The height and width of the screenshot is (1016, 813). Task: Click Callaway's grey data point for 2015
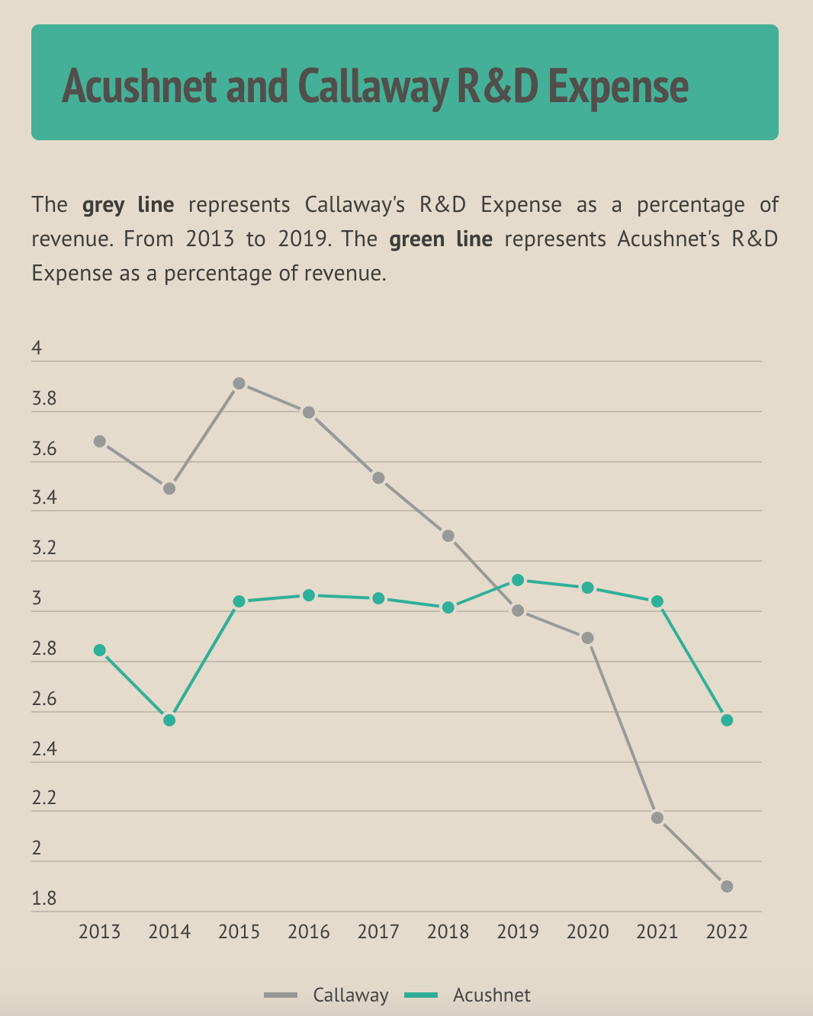pos(239,383)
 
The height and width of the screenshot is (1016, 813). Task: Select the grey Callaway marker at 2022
pos(727,886)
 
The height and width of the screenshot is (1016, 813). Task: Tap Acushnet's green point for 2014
pos(169,720)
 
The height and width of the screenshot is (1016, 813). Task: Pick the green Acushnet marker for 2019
pos(518,580)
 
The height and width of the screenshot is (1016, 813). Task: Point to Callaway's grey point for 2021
pos(657,818)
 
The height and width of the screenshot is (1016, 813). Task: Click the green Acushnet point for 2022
pos(727,720)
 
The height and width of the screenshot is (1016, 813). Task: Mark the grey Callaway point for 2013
pos(100,441)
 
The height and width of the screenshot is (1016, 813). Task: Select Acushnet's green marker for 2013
pos(100,650)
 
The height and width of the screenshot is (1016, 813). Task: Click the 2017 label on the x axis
pos(378,932)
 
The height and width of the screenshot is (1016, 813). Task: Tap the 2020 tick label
pos(587,932)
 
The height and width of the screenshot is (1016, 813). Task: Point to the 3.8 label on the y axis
pos(44,399)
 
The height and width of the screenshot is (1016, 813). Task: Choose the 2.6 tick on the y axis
pos(44,700)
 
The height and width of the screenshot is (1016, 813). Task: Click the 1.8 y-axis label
pos(44,899)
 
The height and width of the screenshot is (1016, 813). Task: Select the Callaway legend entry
pos(350,995)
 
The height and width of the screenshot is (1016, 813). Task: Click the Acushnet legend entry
pos(491,995)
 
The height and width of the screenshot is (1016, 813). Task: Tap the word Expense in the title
pos(618,86)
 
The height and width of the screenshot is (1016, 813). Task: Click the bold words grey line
pos(128,205)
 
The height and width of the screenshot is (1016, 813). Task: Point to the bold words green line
pos(441,239)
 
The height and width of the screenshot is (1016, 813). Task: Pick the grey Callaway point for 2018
pos(448,536)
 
